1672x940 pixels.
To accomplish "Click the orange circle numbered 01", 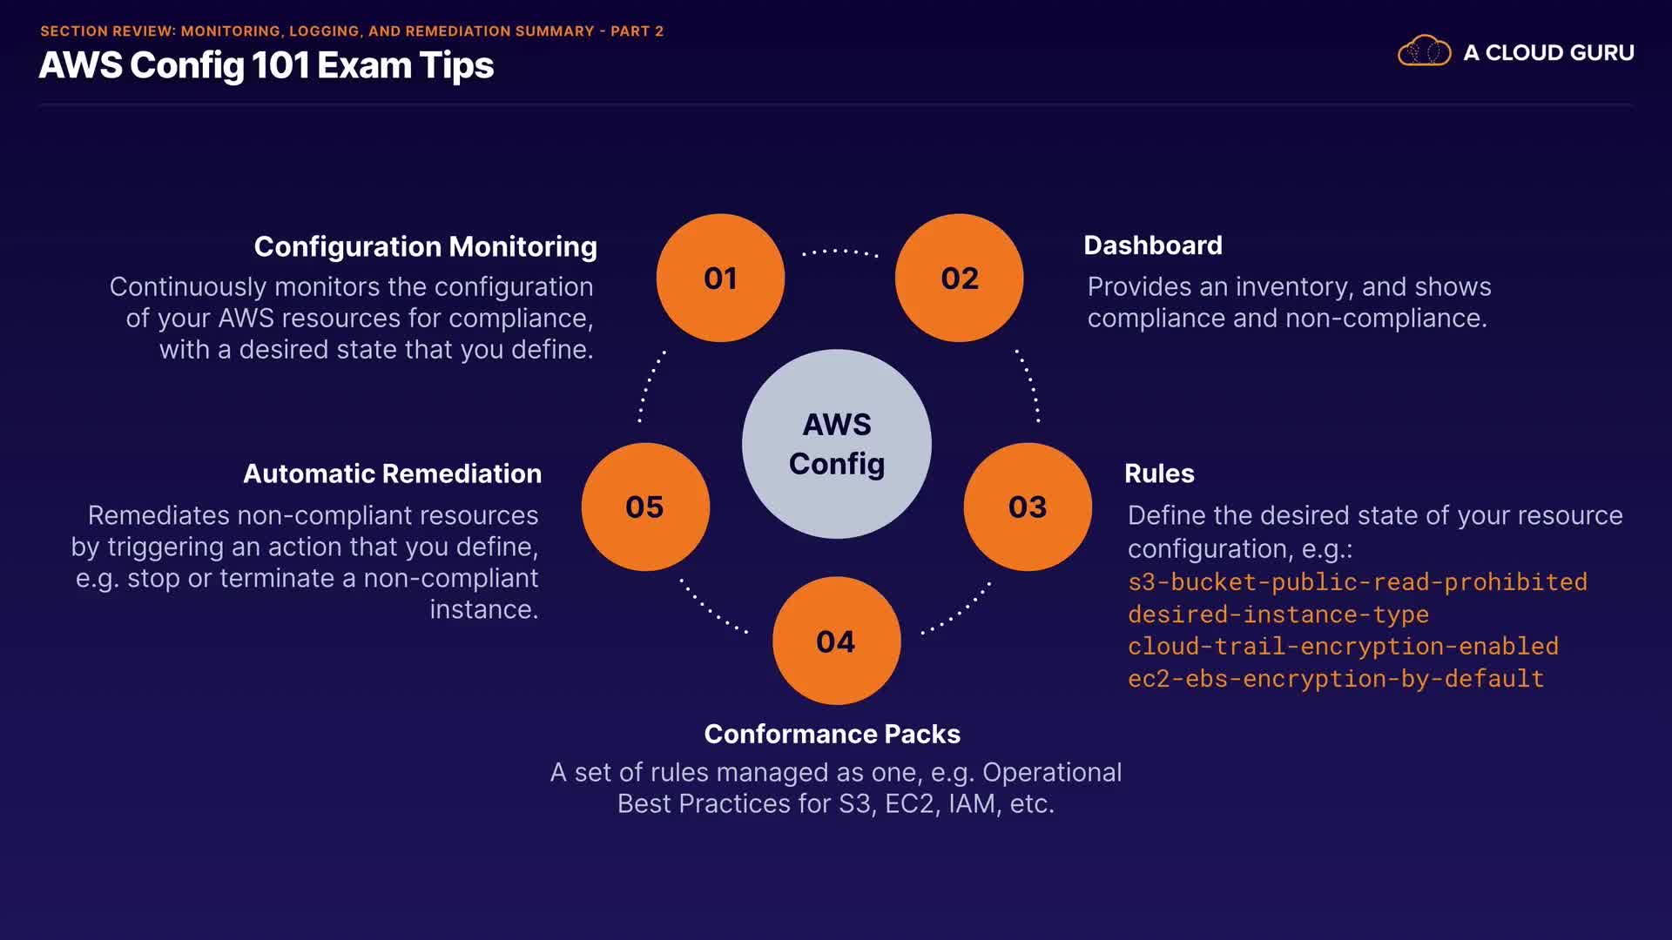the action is [720, 278].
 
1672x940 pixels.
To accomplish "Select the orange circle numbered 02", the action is [960, 278].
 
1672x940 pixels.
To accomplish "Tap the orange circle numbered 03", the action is [1028, 507].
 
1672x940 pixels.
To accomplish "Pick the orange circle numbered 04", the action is [836, 641].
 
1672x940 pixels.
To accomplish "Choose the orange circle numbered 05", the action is [645, 507].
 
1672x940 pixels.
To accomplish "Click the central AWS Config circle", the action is [837, 444].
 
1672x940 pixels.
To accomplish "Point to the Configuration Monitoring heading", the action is [426, 247].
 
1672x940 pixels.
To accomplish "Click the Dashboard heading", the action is [1153, 245].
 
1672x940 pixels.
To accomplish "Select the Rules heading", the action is [1159, 473].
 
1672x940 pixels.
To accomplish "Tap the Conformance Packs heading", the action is [833, 734].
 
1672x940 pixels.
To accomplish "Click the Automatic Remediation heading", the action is [393, 473].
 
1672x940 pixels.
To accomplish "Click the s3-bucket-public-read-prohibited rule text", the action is [1358, 581].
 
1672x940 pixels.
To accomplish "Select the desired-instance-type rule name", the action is [1278, 614].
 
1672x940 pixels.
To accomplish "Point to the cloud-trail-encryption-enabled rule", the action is [1343, 646].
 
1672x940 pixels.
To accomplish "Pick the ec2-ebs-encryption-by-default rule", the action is [1336, 678].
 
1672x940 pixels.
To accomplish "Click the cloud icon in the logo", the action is [1425, 51].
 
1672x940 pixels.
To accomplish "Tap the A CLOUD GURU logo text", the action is [1548, 52].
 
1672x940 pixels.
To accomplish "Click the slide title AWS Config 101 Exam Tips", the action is [266, 66].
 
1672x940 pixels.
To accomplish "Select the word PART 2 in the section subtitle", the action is [637, 31].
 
